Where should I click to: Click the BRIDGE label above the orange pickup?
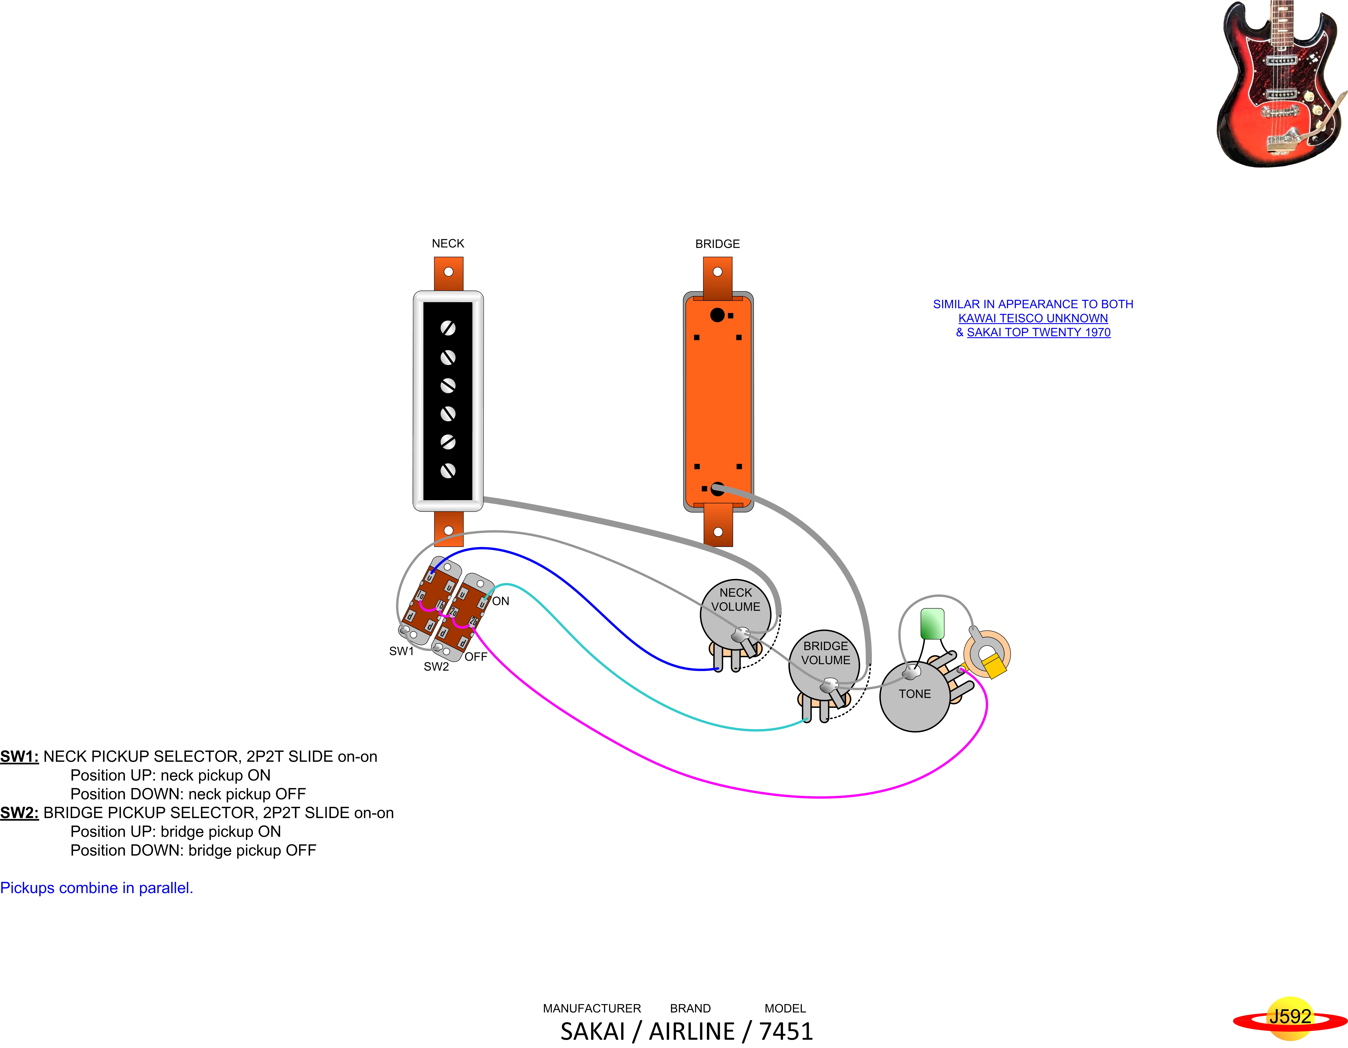[717, 244]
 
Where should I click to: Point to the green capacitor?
[932, 624]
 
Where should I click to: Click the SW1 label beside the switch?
[401, 651]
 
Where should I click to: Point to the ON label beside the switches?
[501, 601]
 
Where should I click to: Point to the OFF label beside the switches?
[476, 656]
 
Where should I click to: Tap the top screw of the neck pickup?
[448, 328]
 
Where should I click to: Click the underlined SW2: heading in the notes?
[19, 813]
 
